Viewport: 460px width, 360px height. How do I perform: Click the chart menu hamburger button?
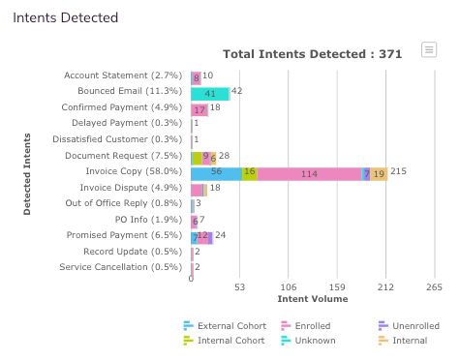[429, 50]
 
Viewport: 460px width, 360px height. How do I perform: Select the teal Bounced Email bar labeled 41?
[210, 94]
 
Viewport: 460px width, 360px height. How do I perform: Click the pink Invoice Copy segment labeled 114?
[309, 174]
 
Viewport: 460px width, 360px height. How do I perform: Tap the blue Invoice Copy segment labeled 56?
[217, 174]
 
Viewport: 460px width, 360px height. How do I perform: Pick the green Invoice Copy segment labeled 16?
[250, 174]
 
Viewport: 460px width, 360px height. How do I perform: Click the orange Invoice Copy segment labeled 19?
[379, 174]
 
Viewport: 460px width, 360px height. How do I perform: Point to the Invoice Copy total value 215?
[398, 171]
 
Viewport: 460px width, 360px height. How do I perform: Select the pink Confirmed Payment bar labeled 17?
[199, 110]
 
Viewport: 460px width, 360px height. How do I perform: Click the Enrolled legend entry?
[306, 326]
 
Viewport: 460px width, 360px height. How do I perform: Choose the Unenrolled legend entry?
[409, 326]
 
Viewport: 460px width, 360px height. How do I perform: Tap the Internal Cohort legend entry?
[224, 341]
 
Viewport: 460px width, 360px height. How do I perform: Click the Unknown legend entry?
[308, 341]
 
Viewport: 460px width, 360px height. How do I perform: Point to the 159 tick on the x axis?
[337, 287]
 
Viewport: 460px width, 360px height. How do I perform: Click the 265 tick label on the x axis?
[434, 287]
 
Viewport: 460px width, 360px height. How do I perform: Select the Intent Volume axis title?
[313, 299]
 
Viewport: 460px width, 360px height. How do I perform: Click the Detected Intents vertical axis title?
[27, 174]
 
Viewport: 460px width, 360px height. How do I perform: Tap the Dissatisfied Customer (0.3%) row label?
[117, 139]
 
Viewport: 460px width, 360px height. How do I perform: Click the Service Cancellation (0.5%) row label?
[121, 267]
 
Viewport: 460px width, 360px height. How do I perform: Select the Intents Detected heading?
[66, 17]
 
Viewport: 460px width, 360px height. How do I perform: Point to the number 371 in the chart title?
[390, 54]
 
